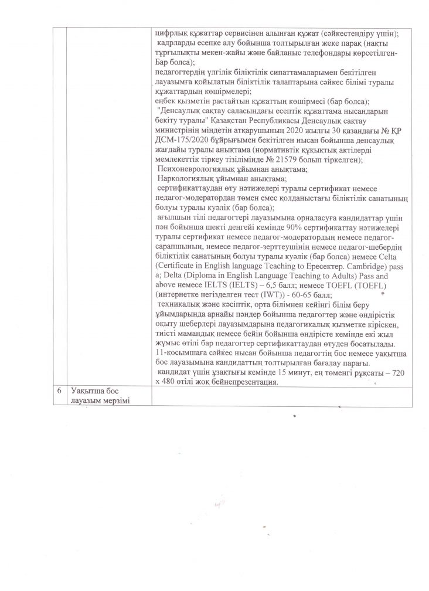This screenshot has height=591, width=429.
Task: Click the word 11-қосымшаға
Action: pos(177,352)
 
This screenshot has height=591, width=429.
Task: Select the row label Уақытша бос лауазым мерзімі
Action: pos(97,395)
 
